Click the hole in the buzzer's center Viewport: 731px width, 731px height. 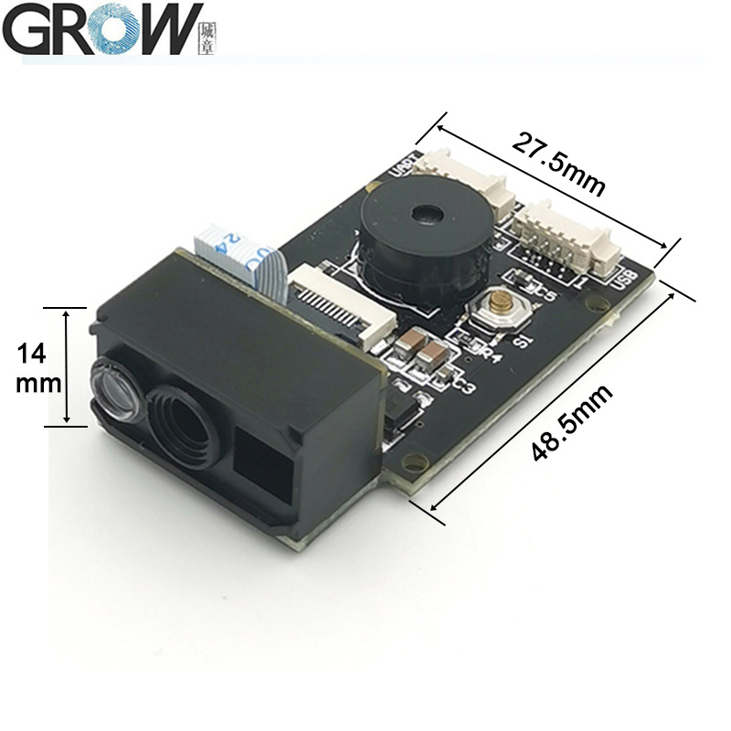(423, 216)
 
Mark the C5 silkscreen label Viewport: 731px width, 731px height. (545, 293)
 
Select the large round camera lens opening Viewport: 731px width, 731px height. (187, 424)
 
